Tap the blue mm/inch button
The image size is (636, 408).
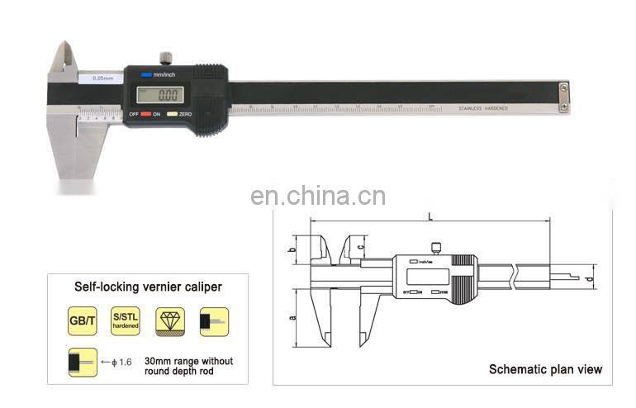tap(146, 74)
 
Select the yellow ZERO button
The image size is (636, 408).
tap(172, 114)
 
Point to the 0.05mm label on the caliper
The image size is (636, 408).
tap(102, 78)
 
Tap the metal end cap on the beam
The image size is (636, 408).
tap(562, 96)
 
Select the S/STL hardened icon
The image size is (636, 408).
tap(125, 321)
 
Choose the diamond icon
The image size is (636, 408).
tap(173, 321)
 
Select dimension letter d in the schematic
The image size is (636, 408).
tap(589, 278)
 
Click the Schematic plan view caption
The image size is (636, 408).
tap(545, 369)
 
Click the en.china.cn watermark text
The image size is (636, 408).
tap(318, 197)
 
